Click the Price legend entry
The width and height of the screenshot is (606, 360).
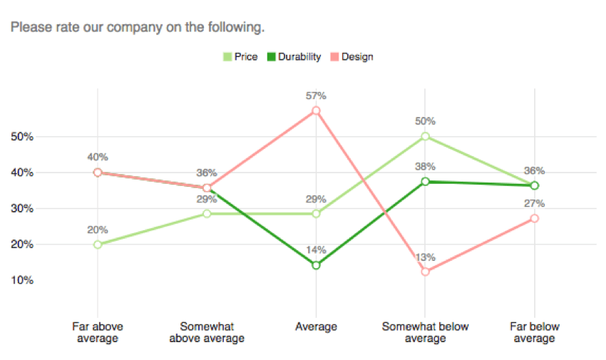tap(240, 57)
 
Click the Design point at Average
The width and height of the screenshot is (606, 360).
tap(316, 110)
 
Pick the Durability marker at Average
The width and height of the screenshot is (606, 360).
tap(316, 265)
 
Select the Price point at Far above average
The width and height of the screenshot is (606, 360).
tap(98, 245)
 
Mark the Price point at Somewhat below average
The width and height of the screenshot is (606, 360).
tap(425, 136)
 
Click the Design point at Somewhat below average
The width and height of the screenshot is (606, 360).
tap(425, 272)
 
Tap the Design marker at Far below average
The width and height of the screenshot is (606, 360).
tap(534, 218)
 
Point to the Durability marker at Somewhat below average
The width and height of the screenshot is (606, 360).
tap(425, 182)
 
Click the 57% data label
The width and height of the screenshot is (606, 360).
tap(316, 95)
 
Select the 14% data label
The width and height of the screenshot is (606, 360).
tap(316, 250)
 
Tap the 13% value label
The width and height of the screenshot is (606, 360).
tap(425, 256)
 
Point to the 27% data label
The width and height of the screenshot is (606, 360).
tap(534, 203)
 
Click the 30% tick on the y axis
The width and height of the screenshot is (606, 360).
tap(22, 209)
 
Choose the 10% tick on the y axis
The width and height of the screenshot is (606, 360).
tap(22, 280)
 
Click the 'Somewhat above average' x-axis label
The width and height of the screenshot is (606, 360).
tap(207, 332)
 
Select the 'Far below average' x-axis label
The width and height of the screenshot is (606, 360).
tap(534, 332)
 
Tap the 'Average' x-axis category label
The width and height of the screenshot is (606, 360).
tap(316, 327)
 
